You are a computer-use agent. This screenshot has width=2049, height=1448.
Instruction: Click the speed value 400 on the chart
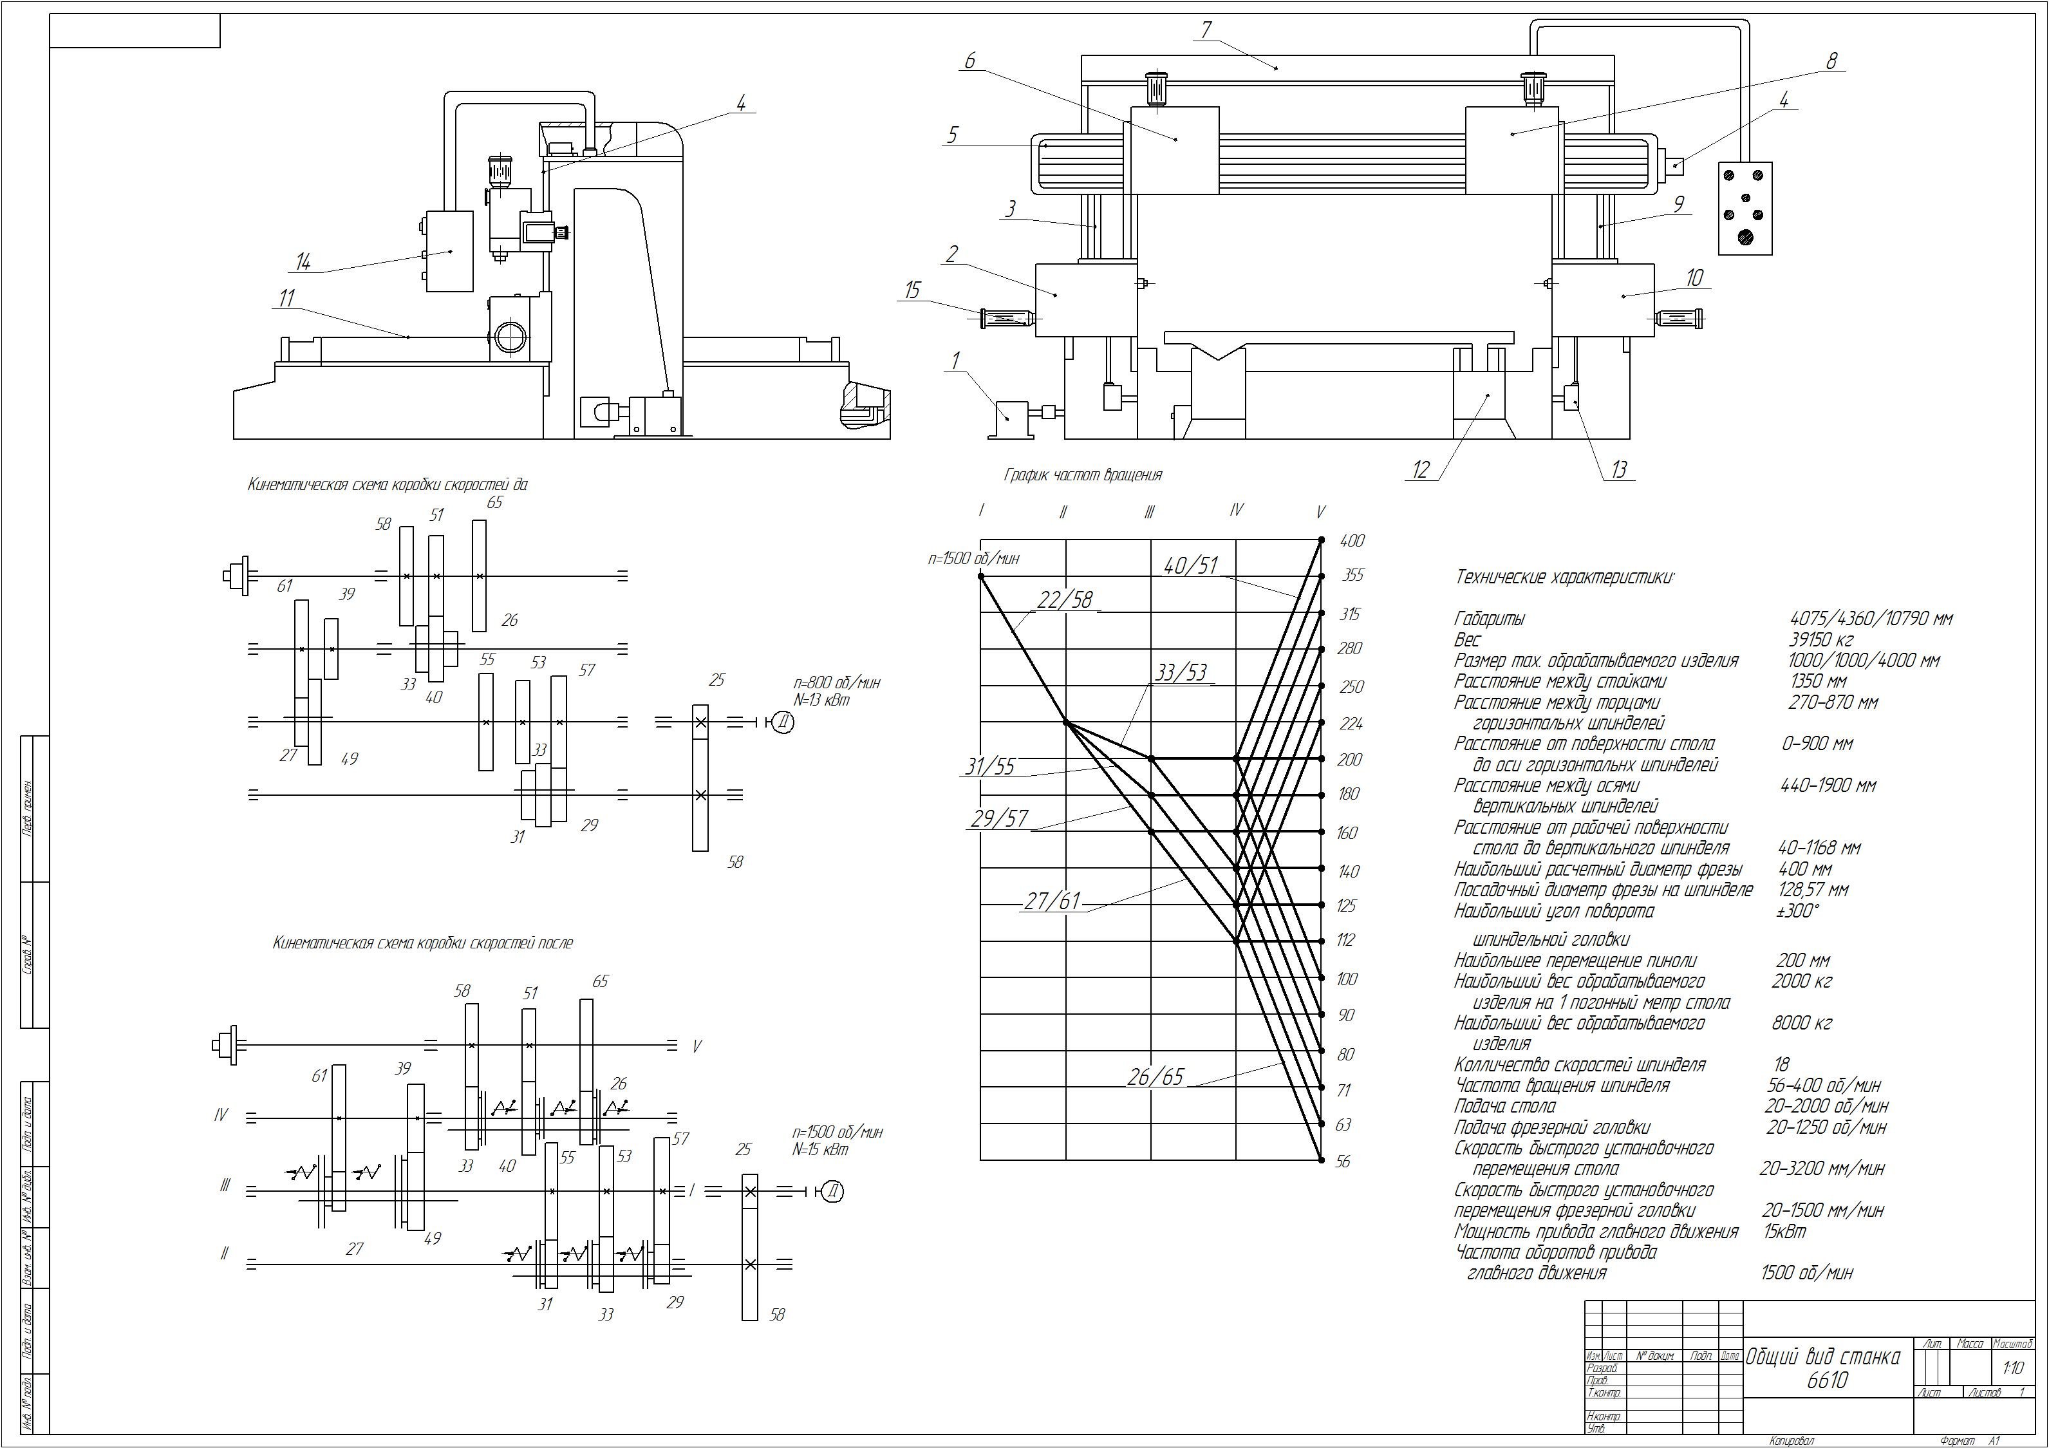(x=1352, y=541)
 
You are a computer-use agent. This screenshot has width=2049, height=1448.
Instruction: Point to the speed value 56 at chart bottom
(x=1343, y=1161)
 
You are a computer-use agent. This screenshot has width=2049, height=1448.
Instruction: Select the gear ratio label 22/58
(x=1065, y=599)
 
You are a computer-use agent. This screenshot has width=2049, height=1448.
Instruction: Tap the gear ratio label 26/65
(x=1155, y=1077)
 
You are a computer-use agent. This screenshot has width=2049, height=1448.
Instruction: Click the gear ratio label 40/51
(x=1190, y=565)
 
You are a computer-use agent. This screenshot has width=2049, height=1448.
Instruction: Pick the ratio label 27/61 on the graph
(x=1051, y=901)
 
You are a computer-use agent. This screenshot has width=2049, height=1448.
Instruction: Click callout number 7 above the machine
(x=1206, y=30)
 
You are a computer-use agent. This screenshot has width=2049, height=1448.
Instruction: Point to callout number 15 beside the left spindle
(x=912, y=290)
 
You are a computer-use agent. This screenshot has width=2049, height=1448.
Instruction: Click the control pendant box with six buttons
(x=1745, y=208)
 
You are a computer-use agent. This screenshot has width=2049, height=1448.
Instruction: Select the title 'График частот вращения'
(x=1083, y=475)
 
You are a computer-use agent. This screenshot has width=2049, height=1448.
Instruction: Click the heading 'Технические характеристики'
(x=1564, y=578)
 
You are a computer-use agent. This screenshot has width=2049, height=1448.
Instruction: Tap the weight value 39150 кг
(x=1820, y=640)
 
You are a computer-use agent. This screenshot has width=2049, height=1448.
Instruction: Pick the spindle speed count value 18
(x=1781, y=1064)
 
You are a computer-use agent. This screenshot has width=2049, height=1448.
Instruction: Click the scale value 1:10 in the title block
(x=2012, y=1368)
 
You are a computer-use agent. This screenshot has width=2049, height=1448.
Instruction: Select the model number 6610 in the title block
(x=1827, y=1380)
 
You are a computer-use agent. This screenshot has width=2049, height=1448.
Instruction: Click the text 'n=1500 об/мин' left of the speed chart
(x=973, y=559)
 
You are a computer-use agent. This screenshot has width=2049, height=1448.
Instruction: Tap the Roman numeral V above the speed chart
(x=1321, y=512)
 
